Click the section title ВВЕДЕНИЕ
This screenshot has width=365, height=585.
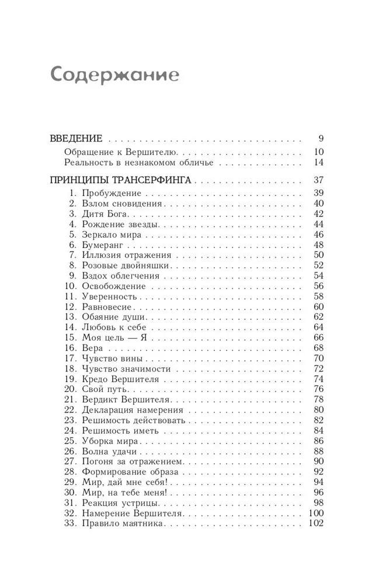(77, 139)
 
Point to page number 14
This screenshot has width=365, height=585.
(318, 163)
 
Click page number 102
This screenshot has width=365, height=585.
(315, 524)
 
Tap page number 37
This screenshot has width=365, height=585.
(318, 180)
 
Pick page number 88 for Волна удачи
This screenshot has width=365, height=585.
(318, 451)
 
